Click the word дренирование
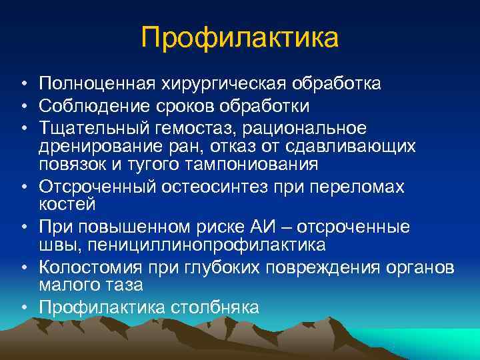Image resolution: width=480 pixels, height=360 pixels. (97, 145)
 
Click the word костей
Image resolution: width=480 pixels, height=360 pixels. (67, 204)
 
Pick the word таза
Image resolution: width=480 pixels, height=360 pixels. (125, 285)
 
